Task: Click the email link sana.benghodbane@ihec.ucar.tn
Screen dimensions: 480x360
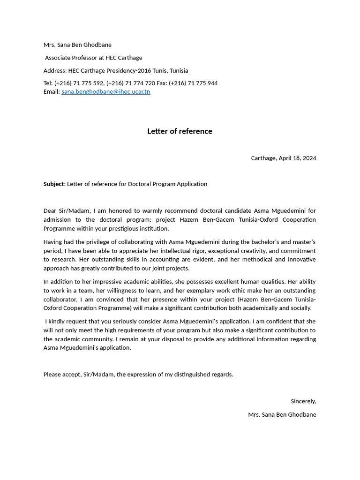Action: point(105,92)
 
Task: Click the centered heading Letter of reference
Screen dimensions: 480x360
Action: point(180,131)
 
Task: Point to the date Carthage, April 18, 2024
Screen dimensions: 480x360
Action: point(283,158)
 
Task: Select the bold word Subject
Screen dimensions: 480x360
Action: point(53,184)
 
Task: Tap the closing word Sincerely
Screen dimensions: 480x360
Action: point(303,401)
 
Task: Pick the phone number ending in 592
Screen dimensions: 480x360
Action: point(79,83)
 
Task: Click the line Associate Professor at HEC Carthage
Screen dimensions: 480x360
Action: point(93,58)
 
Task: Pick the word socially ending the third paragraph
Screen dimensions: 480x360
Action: point(300,308)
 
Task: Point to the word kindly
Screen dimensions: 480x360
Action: point(58,322)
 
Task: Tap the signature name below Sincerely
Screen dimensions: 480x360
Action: point(282,415)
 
